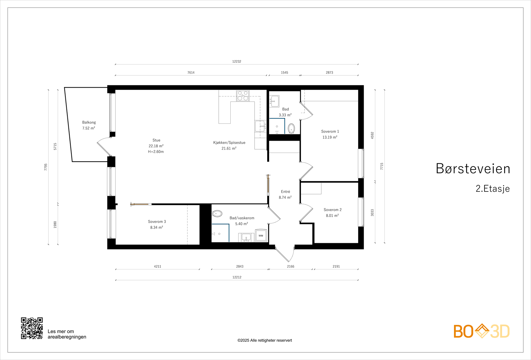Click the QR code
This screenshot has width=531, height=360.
point(32,328)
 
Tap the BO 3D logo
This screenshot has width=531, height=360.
point(482,331)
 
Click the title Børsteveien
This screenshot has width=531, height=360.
point(473,169)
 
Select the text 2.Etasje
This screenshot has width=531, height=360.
point(493,188)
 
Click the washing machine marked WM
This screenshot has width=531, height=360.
point(261,235)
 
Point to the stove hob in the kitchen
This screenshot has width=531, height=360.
point(243,96)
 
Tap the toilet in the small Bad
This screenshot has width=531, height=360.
point(291,128)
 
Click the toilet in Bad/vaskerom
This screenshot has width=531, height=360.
point(217,213)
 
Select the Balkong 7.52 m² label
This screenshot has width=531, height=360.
point(89,125)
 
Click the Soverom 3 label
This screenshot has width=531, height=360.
point(157,222)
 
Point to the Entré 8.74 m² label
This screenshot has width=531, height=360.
point(285,194)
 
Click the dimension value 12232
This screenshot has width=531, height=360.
point(237,61)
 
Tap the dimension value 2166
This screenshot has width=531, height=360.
point(291,266)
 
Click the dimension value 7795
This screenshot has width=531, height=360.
point(46,167)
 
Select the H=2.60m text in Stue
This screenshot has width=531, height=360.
point(156,152)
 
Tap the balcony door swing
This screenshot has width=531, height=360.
point(103,146)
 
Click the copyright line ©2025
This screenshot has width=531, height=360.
point(265,340)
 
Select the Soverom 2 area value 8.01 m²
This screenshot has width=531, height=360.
point(332,216)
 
